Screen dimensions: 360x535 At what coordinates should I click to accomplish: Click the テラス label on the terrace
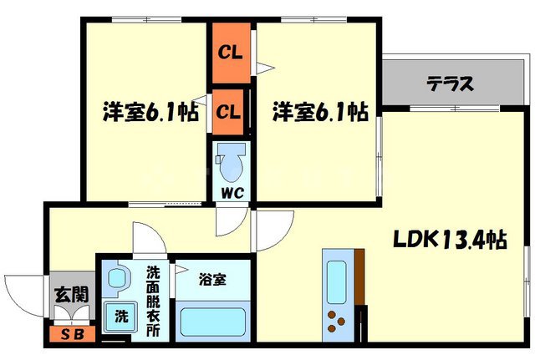tap(451, 84)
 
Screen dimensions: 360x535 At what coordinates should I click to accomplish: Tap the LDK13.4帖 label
tap(449, 241)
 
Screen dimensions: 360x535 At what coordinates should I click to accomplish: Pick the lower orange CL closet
tap(229, 110)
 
